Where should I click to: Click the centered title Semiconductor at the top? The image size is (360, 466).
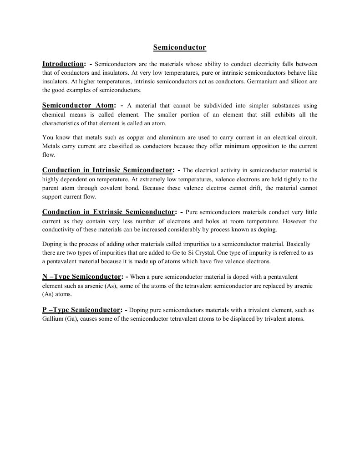[180, 47]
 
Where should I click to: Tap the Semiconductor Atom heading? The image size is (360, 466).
[78, 105]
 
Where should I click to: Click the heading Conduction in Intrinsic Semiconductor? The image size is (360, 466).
[107, 170]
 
